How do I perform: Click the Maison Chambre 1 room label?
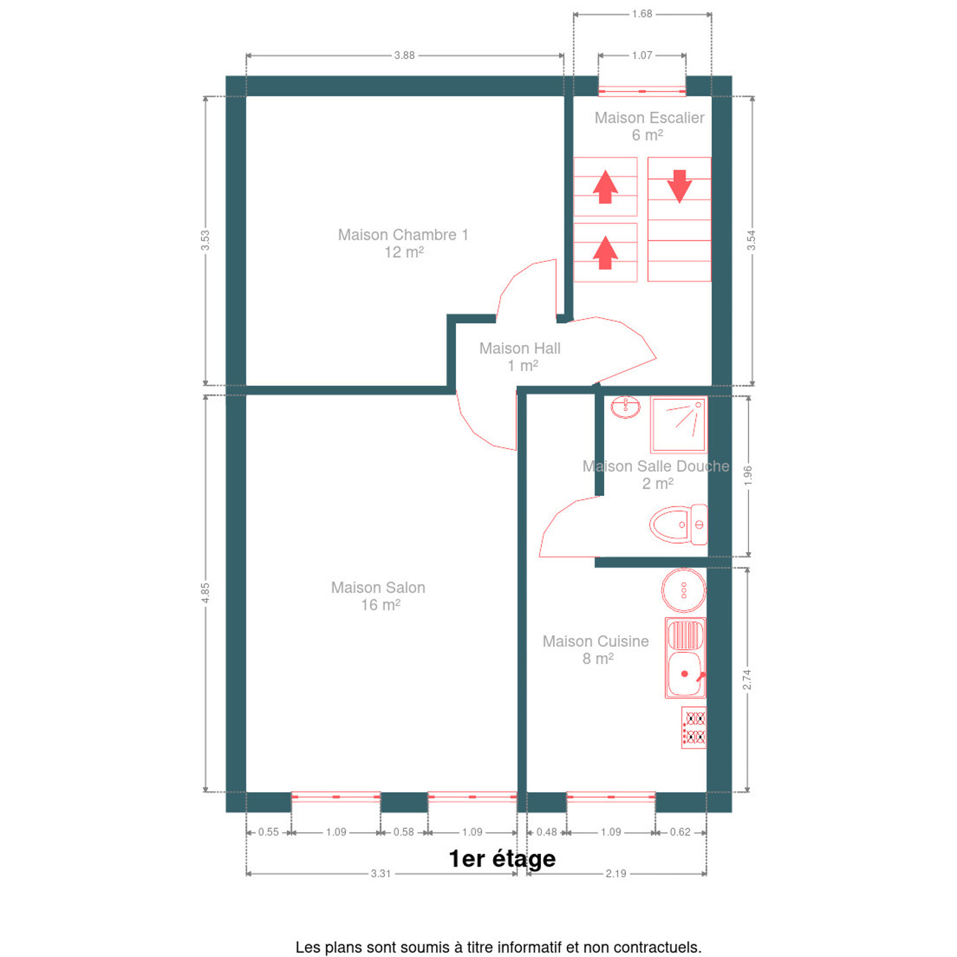click(403, 243)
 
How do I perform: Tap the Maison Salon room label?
click(378, 596)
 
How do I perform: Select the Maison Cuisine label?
click(595, 649)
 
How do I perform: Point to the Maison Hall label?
click(520, 357)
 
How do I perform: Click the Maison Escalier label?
click(649, 126)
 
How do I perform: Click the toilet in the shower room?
click(679, 524)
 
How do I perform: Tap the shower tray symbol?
click(679, 425)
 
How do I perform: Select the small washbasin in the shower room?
click(625, 407)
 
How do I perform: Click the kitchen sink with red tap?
click(685, 657)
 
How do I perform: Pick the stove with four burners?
click(694, 728)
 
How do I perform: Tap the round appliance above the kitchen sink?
click(683, 590)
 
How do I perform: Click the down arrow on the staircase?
click(679, 186)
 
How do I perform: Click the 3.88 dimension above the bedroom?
click(404, 55)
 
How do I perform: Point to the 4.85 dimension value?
click(205, 593)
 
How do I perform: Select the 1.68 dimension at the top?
click(641, 14)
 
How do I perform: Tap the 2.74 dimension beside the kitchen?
click(747, 679)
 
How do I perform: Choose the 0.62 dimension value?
click(680, 832)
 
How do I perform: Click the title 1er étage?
click(502, 859)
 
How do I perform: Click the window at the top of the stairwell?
click(641, 91)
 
